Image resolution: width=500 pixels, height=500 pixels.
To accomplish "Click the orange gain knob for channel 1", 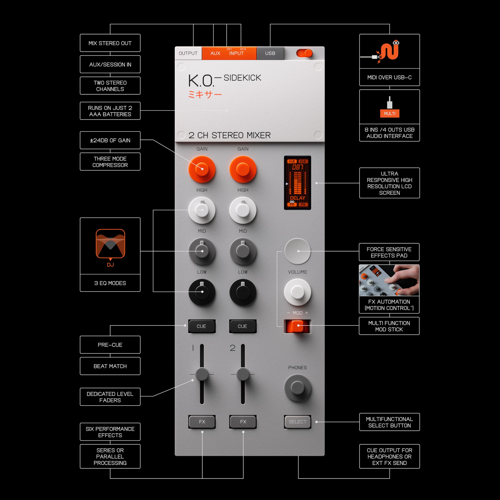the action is coord(202,169).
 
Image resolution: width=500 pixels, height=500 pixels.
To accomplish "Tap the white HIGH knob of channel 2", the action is coord(243,210).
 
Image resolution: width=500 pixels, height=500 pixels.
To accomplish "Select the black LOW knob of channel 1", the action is coord(202,292).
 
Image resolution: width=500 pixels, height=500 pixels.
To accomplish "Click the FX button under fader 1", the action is coord(202,422).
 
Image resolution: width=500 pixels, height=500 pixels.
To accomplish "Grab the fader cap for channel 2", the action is coord(243,374).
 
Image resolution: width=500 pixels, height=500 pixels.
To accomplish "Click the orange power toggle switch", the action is coord(305,53).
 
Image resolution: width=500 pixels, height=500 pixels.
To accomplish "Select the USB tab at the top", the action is coord(270,53).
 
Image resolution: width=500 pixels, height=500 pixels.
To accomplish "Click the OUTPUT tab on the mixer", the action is coord(188,53).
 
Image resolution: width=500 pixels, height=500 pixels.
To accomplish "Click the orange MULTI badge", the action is coord(389,113).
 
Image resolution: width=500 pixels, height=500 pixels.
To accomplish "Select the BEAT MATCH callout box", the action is coord(110,366).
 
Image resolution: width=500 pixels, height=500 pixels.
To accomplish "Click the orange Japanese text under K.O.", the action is coord(205,95).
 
